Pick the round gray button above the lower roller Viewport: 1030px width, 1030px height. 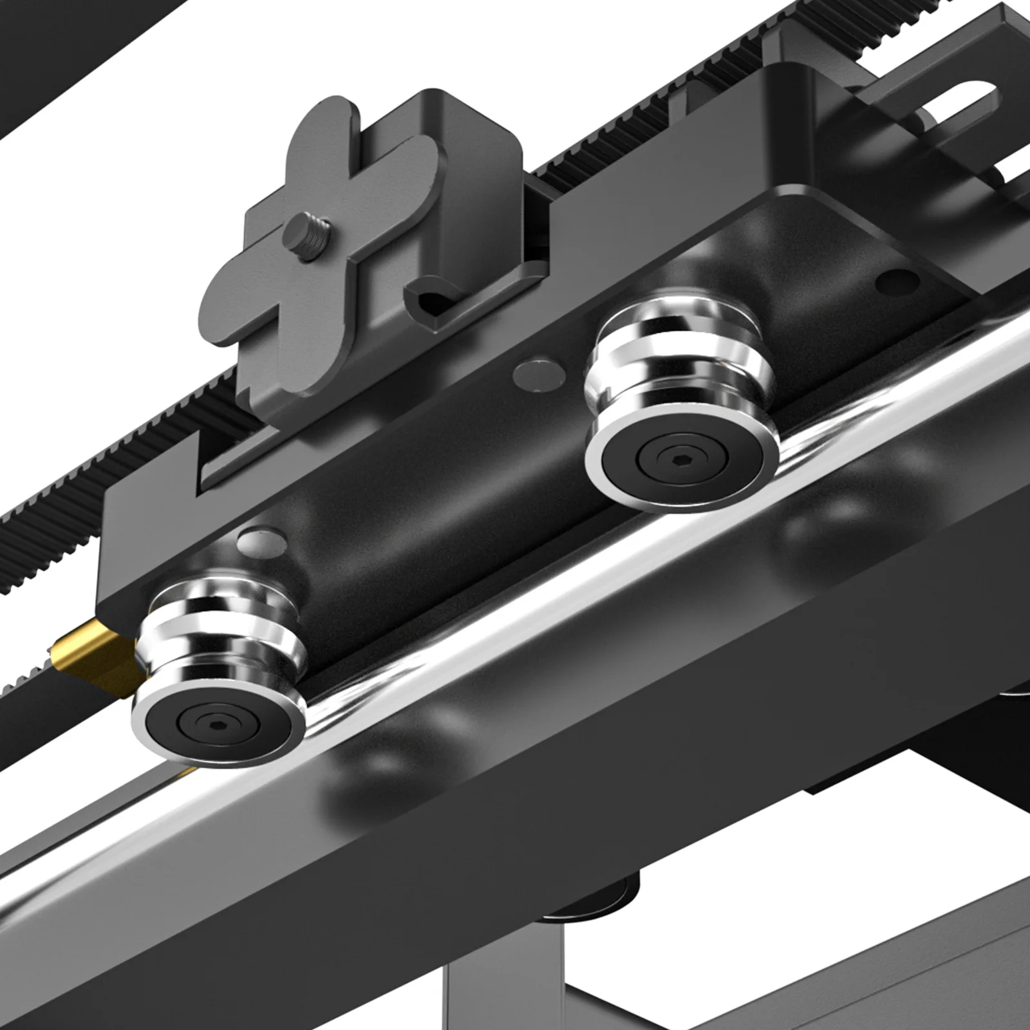(261, 541)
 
